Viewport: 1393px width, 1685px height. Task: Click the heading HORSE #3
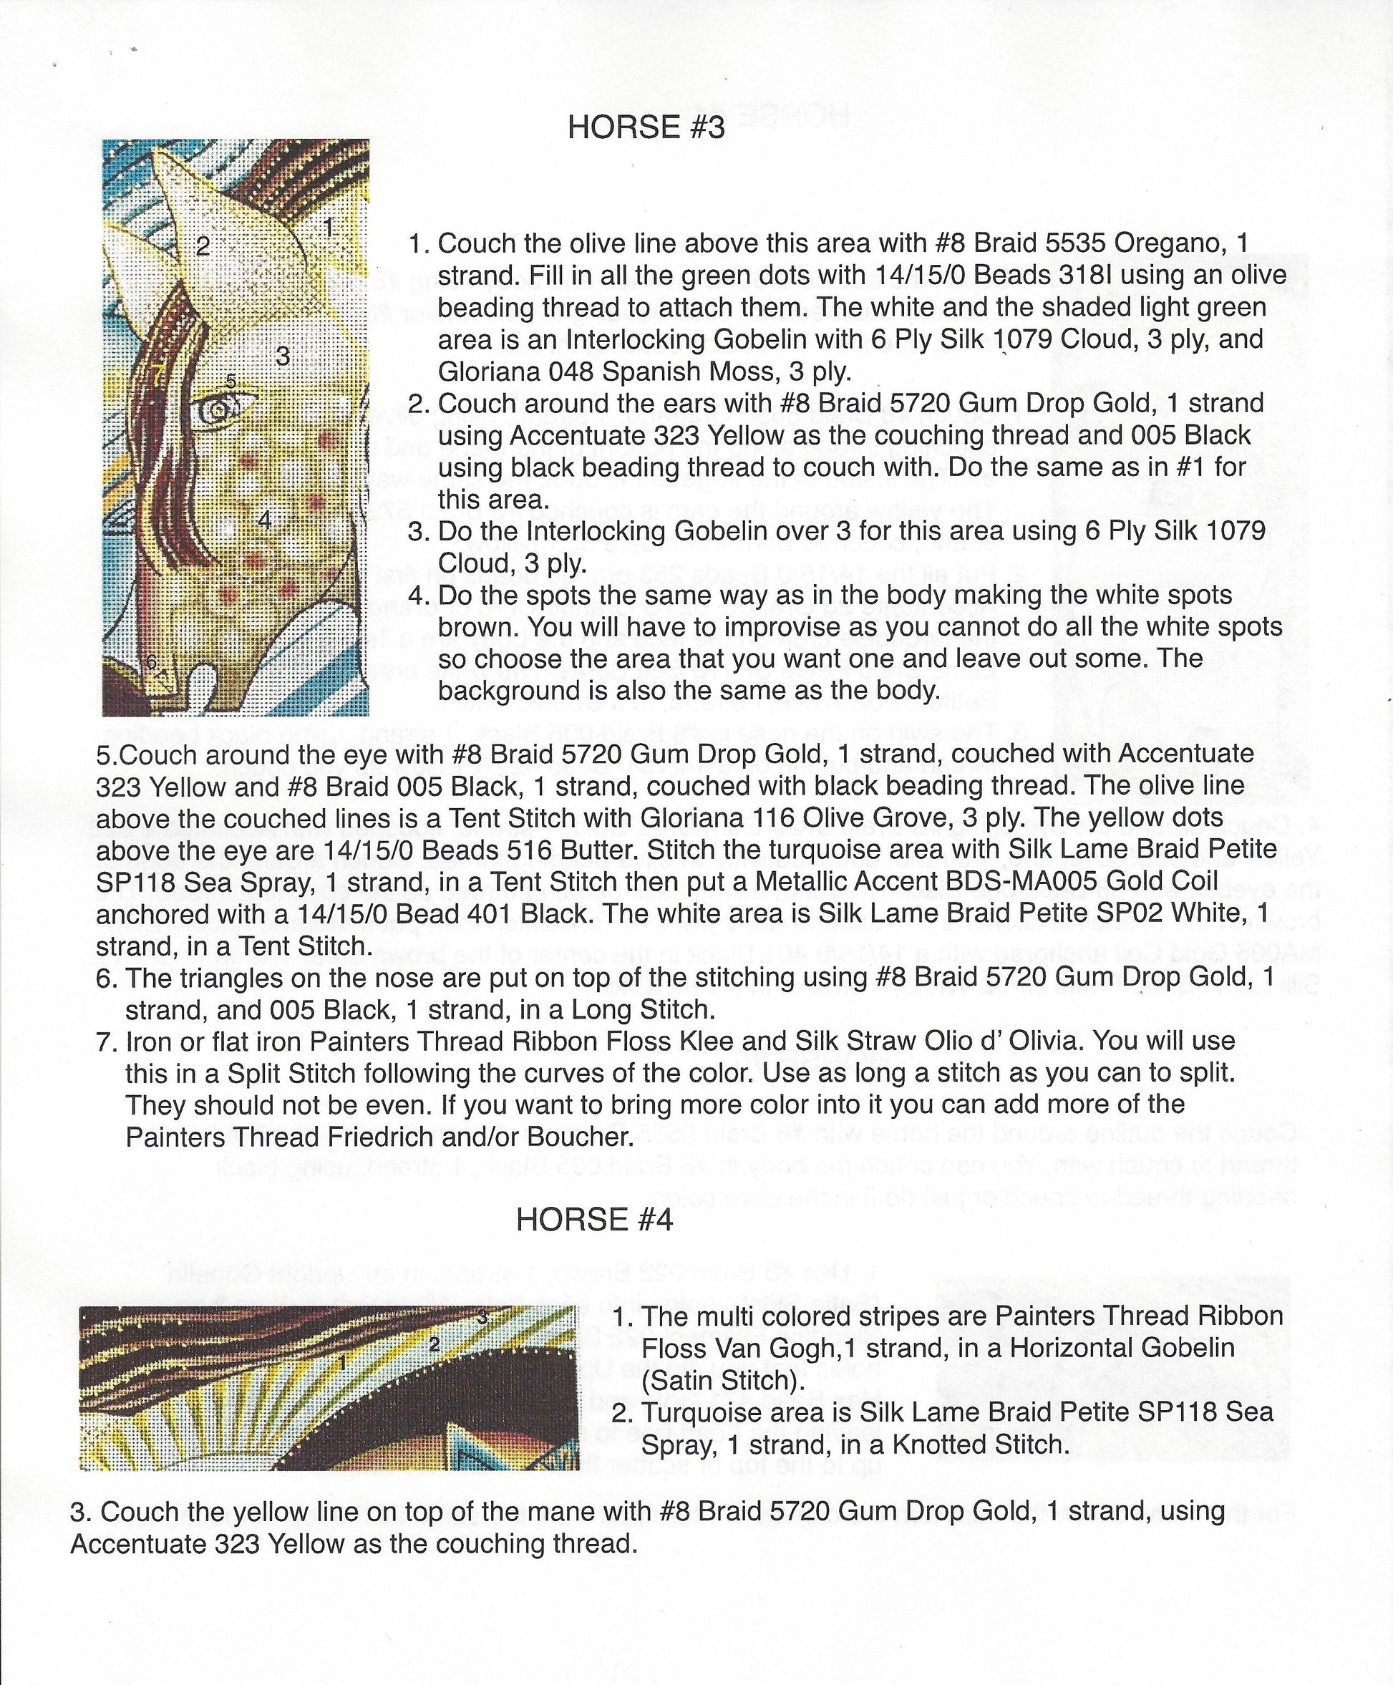tap(646, 127)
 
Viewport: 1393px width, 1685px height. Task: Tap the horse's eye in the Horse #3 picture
tap(218, 412)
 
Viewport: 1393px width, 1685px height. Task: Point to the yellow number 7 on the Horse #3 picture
tap(157, 372)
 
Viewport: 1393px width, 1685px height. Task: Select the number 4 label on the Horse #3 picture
tap(265, 519)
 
